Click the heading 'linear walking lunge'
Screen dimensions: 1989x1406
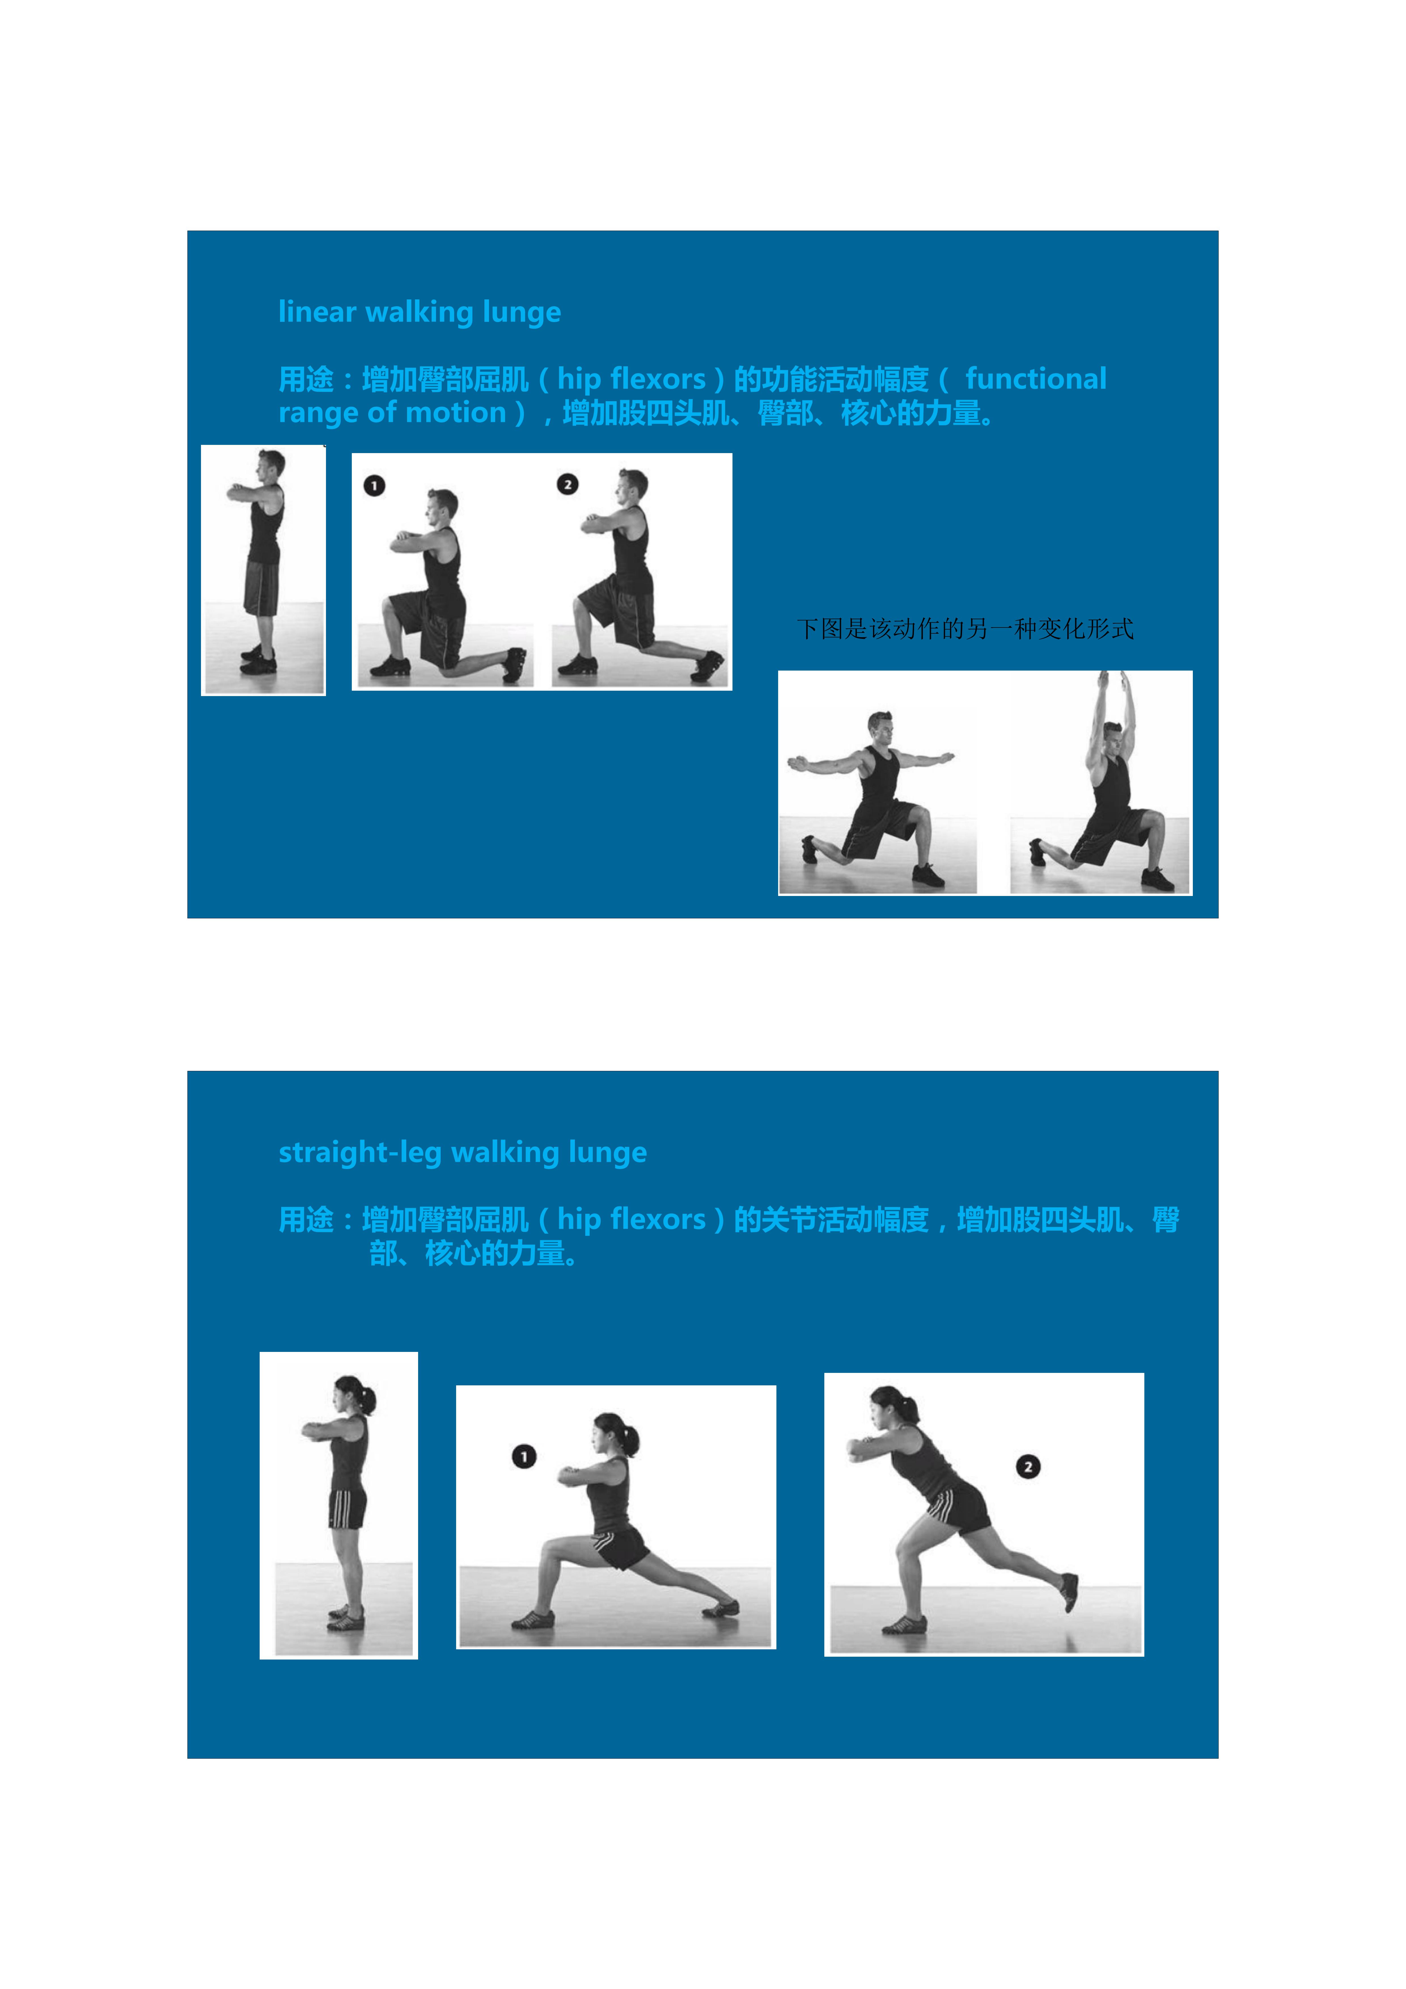tap(419, 312)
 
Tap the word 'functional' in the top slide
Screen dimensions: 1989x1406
tap(1035, 379)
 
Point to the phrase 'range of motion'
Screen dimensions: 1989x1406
tap(391, 412)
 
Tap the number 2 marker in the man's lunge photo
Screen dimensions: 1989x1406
tap(568, 484)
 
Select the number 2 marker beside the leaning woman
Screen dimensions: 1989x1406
tap(1027, 1467)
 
